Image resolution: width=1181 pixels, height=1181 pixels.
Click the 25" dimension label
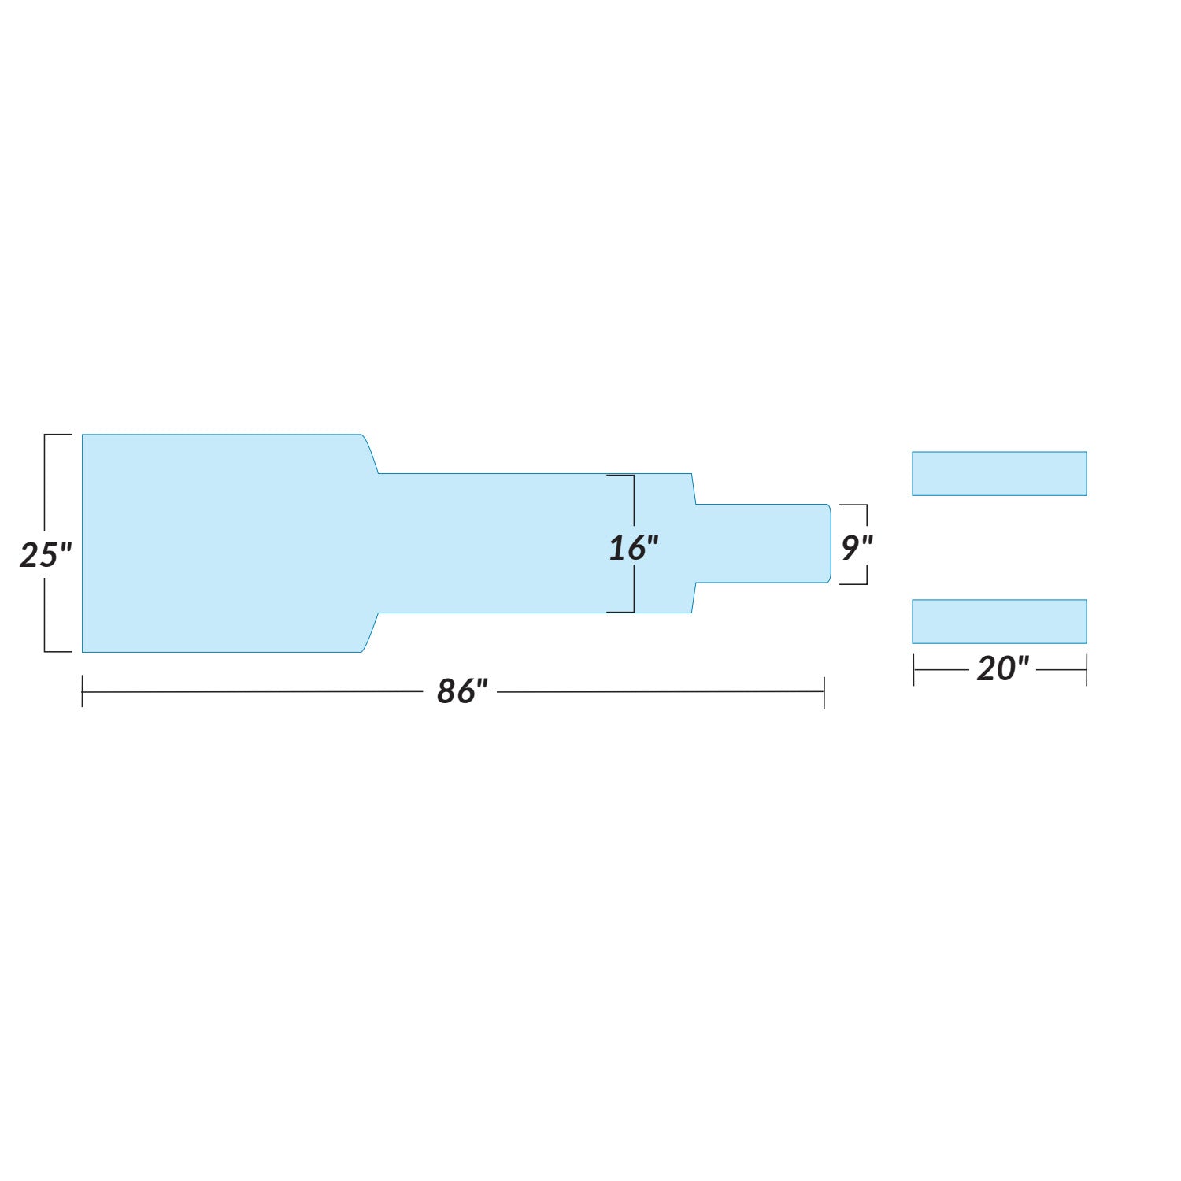(45, 555)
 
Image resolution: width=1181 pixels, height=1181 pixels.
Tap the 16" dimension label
(633, 548)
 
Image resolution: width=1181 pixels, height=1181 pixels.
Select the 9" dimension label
(856, 548)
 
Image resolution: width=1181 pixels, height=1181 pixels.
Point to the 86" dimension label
(462, 691)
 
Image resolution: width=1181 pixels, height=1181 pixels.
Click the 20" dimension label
(1002, 669)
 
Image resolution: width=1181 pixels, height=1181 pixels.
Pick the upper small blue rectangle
(999, 473)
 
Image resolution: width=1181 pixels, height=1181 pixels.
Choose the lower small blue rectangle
(999, 621)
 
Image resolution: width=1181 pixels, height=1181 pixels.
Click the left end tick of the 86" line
(83, 692)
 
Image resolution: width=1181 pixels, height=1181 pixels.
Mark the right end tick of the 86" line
(824, 692)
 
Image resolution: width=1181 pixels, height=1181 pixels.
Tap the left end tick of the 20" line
(913, 670)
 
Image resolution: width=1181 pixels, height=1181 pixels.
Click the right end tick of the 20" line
(1086, 670)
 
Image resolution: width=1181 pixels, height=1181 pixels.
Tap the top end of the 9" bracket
(854, 505)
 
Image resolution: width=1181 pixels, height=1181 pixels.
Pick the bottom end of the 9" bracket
(854, 584)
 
